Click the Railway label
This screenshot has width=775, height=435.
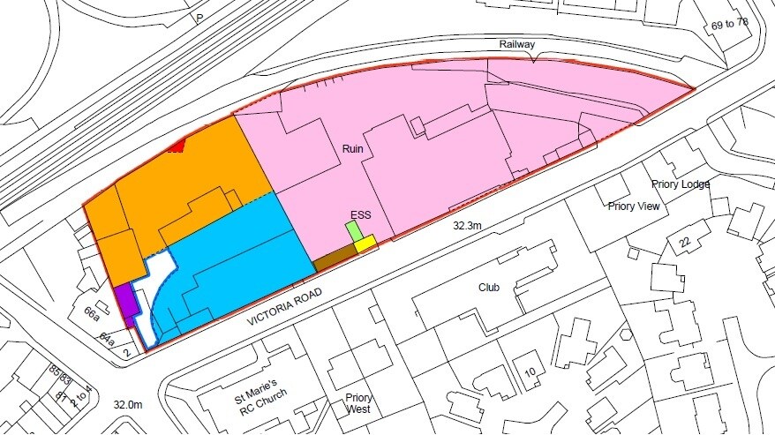pyautogui.click(x=517, y=44)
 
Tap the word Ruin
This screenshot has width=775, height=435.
pyautogui.click(x=354, y=149)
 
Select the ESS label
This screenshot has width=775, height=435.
pyautogui.click(x=360, y=214)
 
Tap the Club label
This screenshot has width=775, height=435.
pyautogui.click(x=489, y=288)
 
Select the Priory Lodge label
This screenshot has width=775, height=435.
pyautogui.click(x=681, y=184)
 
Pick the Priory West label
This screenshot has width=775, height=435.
pyautogui.click(x=359, y=404)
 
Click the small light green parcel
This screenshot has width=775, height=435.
pyautogui.click(x=353, y=231)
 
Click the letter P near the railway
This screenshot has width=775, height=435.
pyautogui.click(x=199, y=18)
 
